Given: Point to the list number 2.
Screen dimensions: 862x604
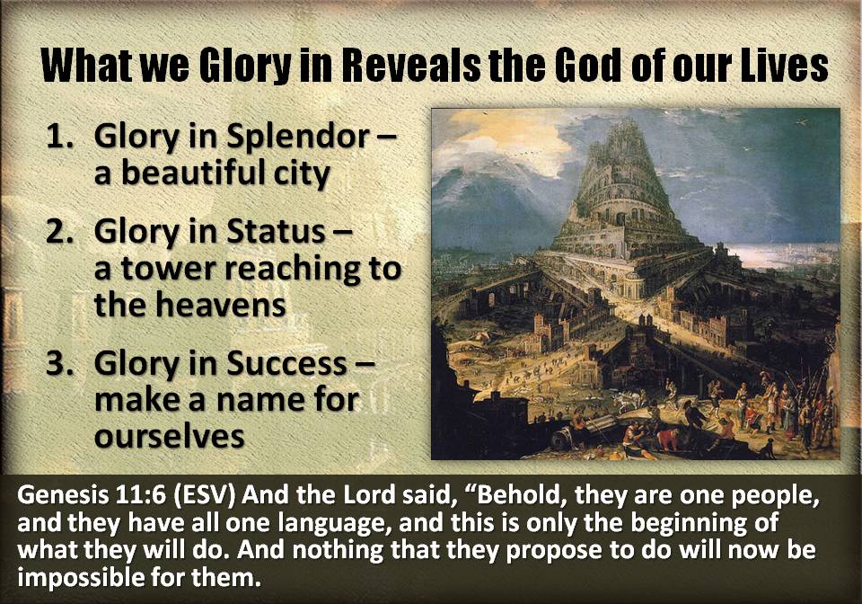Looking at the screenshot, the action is [x=59, y=230].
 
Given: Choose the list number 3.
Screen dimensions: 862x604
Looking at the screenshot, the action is [x=59, y=363].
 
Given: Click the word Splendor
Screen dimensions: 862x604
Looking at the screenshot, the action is [x=298, y=138].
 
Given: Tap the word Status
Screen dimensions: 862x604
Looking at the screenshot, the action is [x=276, y=231].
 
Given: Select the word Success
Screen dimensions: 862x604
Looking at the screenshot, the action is [x=287, y=364].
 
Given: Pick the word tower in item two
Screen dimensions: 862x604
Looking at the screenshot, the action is [x=168, y=270].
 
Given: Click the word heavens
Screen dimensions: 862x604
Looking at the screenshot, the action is [x=221, y=306].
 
